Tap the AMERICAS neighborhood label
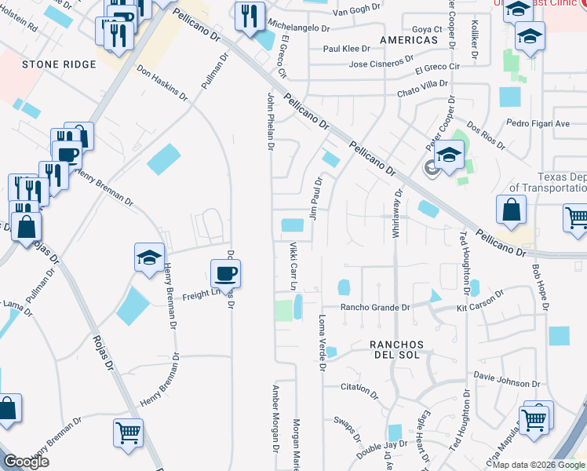pos(408,39)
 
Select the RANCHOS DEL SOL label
pos(397,350)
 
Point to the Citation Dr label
pos(360,387)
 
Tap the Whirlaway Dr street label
pos(397,214)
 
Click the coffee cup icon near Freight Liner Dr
pos(225,274)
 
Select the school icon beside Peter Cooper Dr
pos(450,155)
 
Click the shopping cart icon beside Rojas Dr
pos(128,432)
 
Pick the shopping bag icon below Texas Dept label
pos(512,210)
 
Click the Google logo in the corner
pos(26,462)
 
